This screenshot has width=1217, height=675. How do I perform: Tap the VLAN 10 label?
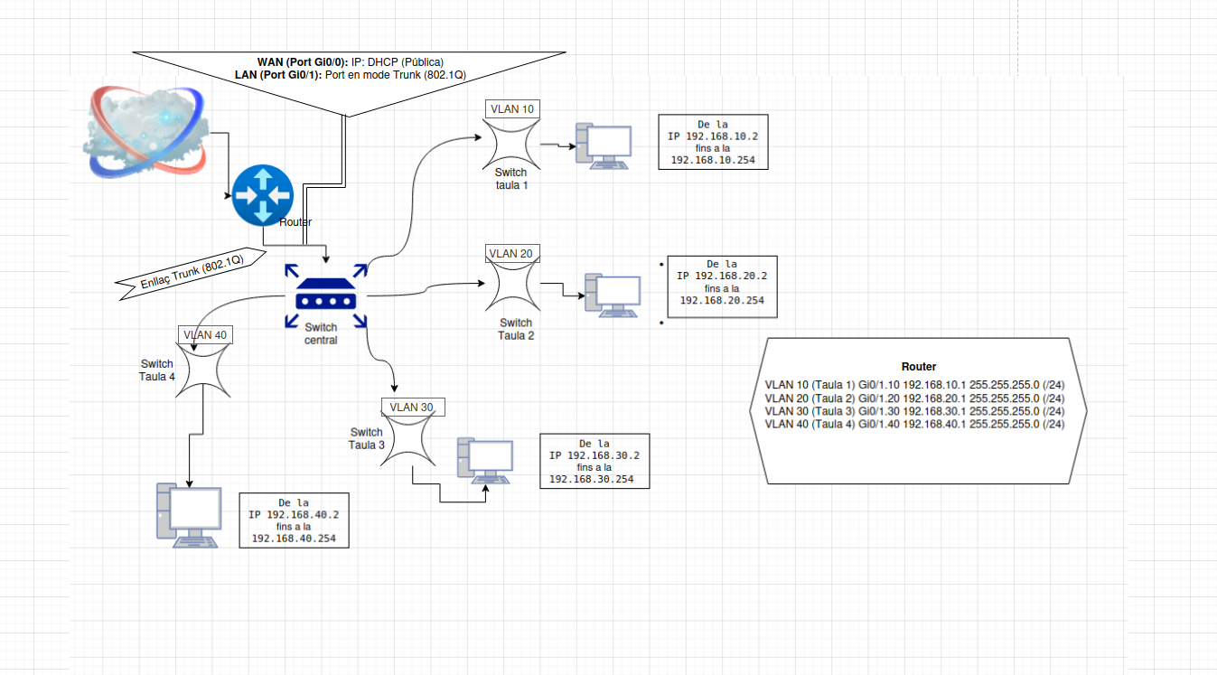tap(511, 109)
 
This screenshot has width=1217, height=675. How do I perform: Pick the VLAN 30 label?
tap(413, 408)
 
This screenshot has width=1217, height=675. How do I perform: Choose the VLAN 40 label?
tap(206, 335)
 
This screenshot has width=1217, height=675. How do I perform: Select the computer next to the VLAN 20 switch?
tap(613, 295)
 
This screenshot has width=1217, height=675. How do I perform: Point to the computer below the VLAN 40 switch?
tap(189, 516)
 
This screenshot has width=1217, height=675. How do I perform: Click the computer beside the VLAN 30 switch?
tap(485, 459)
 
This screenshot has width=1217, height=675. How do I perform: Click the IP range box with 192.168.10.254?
tap(713, 142)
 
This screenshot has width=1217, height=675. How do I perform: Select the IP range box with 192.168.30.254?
tap(594, 461)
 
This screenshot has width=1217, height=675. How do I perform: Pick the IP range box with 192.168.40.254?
tap(294, 520)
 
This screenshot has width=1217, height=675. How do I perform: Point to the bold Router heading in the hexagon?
tap(919, 367)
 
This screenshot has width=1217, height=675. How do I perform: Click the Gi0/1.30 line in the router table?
tap(914, 411)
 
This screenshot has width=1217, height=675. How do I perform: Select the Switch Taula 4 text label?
tap(157, 370)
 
